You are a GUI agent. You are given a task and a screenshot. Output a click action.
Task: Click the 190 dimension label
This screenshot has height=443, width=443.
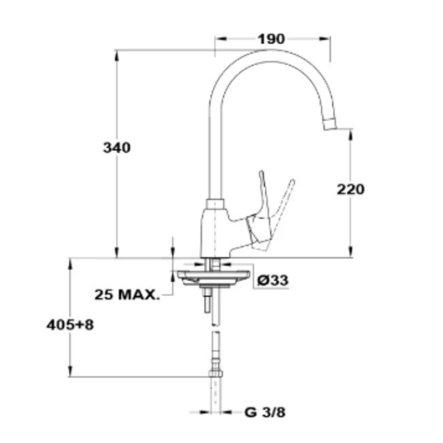271,39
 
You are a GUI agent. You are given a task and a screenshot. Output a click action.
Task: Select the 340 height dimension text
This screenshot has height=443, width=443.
117,148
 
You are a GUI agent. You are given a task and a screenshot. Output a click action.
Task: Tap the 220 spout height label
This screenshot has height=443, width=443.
351,189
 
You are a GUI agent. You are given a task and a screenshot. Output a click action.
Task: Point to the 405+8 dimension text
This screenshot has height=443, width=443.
70,325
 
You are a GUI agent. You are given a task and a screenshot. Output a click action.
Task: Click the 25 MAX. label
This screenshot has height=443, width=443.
127,295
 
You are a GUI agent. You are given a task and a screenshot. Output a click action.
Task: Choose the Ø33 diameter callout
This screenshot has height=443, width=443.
273,280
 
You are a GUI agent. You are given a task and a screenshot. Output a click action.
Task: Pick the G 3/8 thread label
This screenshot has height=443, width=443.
265,413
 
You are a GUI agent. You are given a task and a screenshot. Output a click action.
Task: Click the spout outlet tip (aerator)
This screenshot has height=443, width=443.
330,123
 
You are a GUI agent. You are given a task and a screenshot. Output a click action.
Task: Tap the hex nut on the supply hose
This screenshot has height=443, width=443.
215,373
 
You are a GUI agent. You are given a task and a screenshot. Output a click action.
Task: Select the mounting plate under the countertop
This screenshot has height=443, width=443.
213,278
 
